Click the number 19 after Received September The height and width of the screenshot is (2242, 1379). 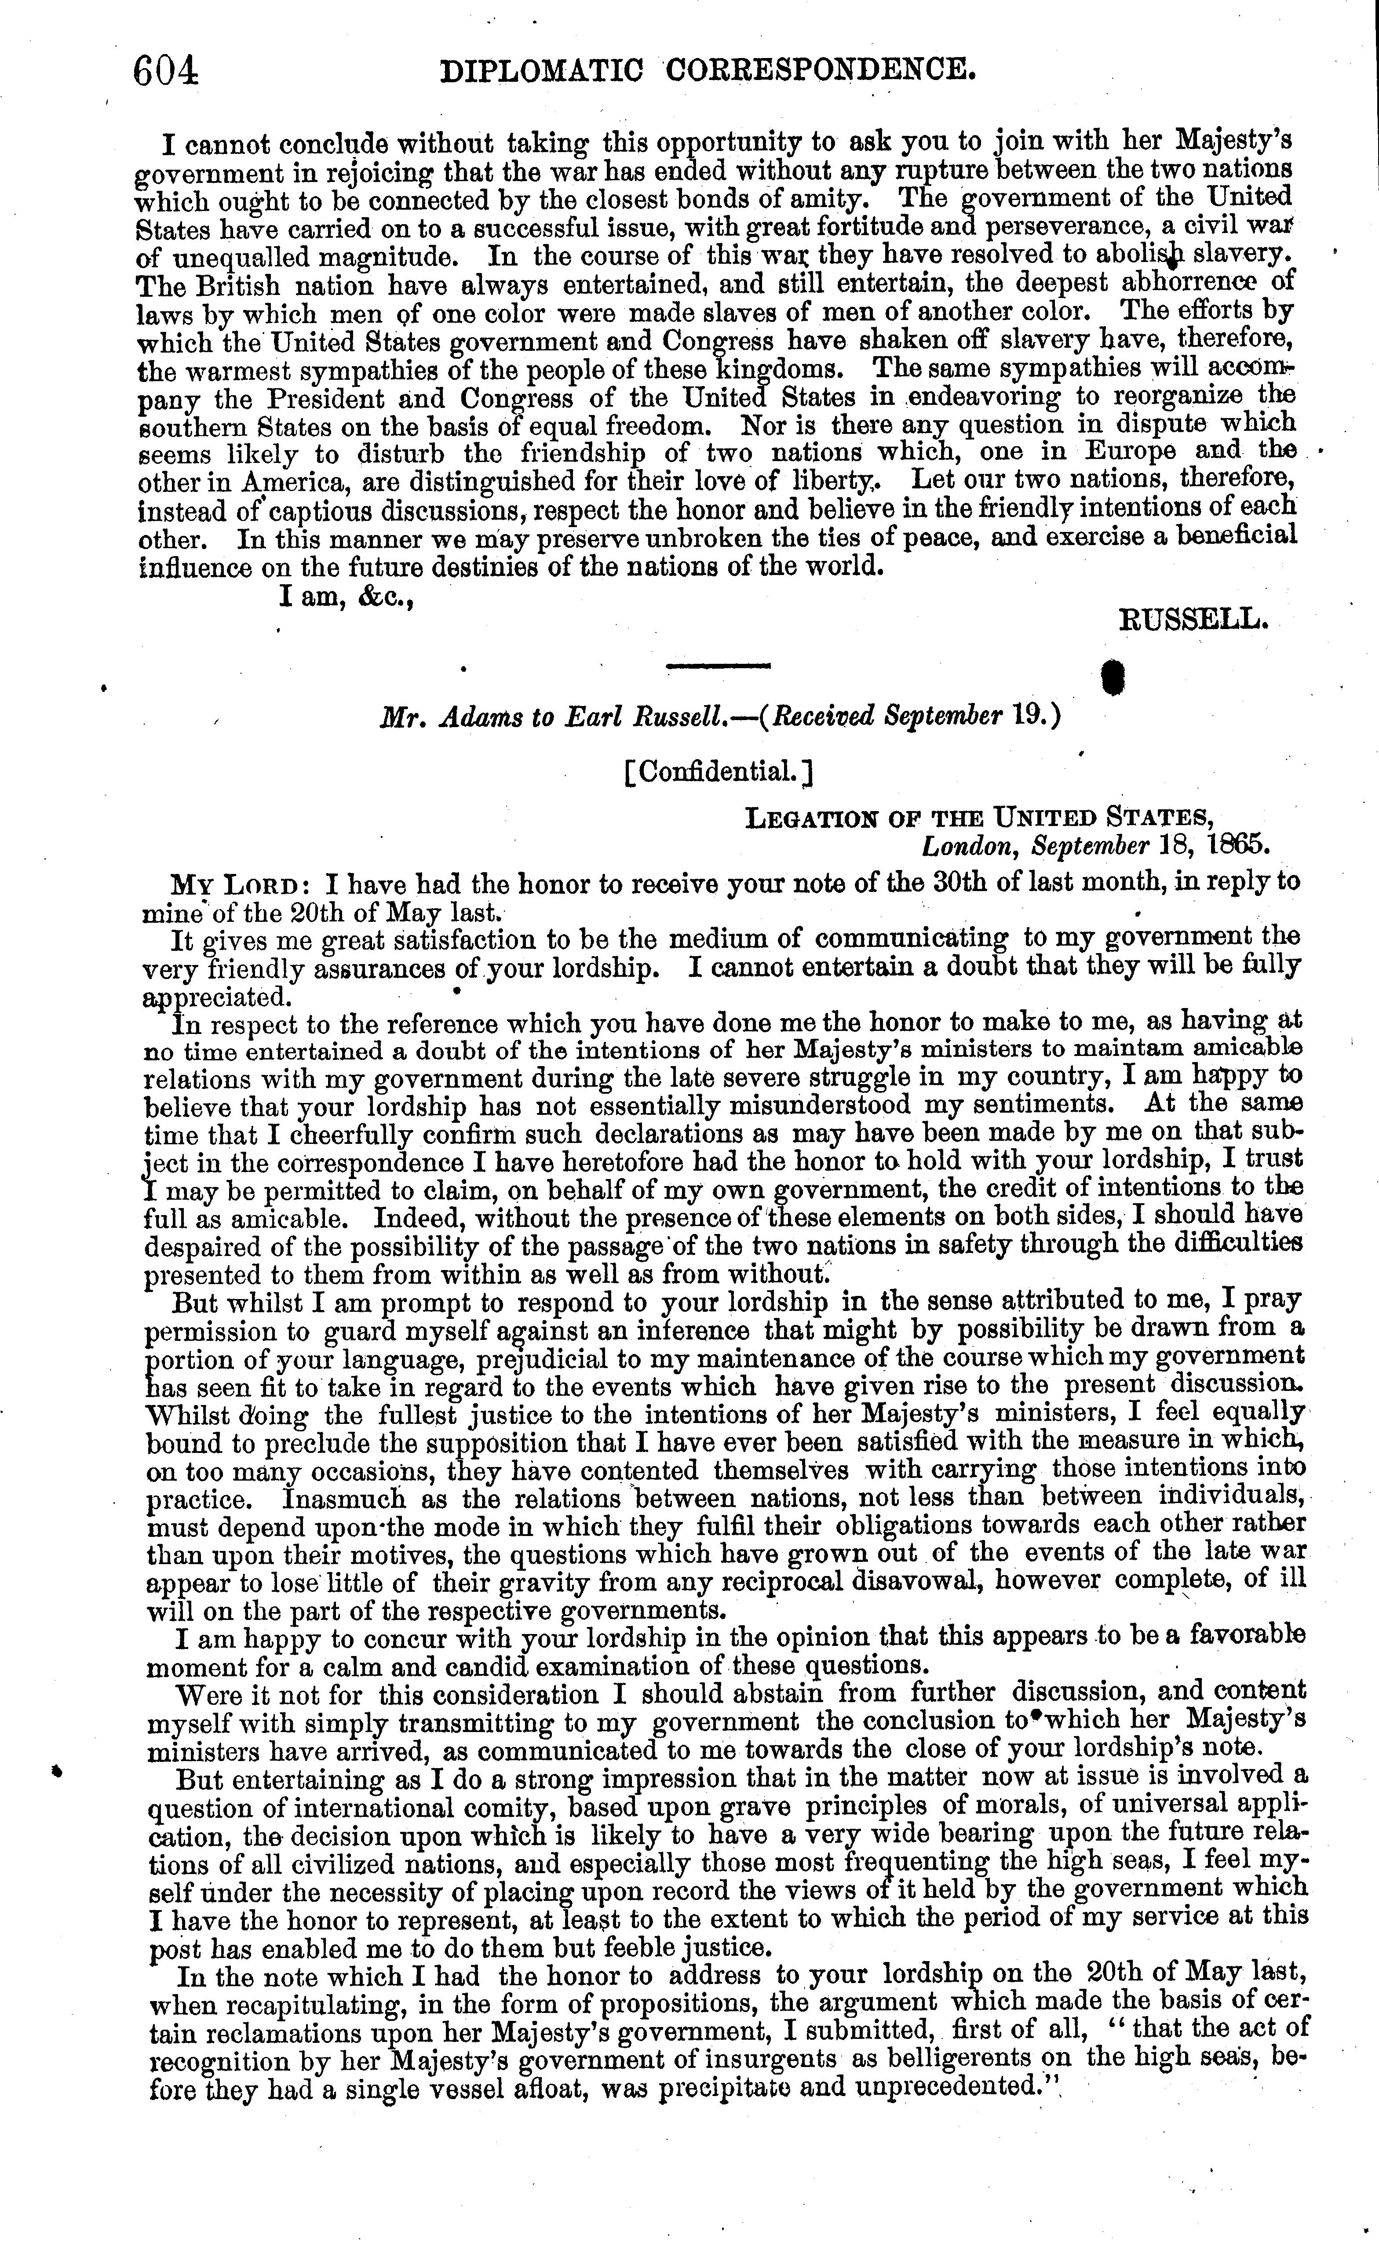click(x=1040, y=717)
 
